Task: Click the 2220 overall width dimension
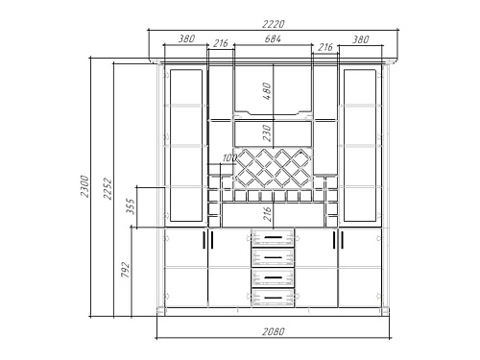click(273, 24)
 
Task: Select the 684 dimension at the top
click(273, 39)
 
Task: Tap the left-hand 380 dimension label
click(186, 39)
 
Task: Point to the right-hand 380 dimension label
click(361, 39)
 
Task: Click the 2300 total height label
click(84, 186)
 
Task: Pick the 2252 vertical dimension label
click(108, 188)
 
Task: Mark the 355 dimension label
click(131, 206)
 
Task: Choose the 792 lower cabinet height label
click(125, 270)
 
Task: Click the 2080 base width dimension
click(274, 331)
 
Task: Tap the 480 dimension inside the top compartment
click(267, 91)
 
